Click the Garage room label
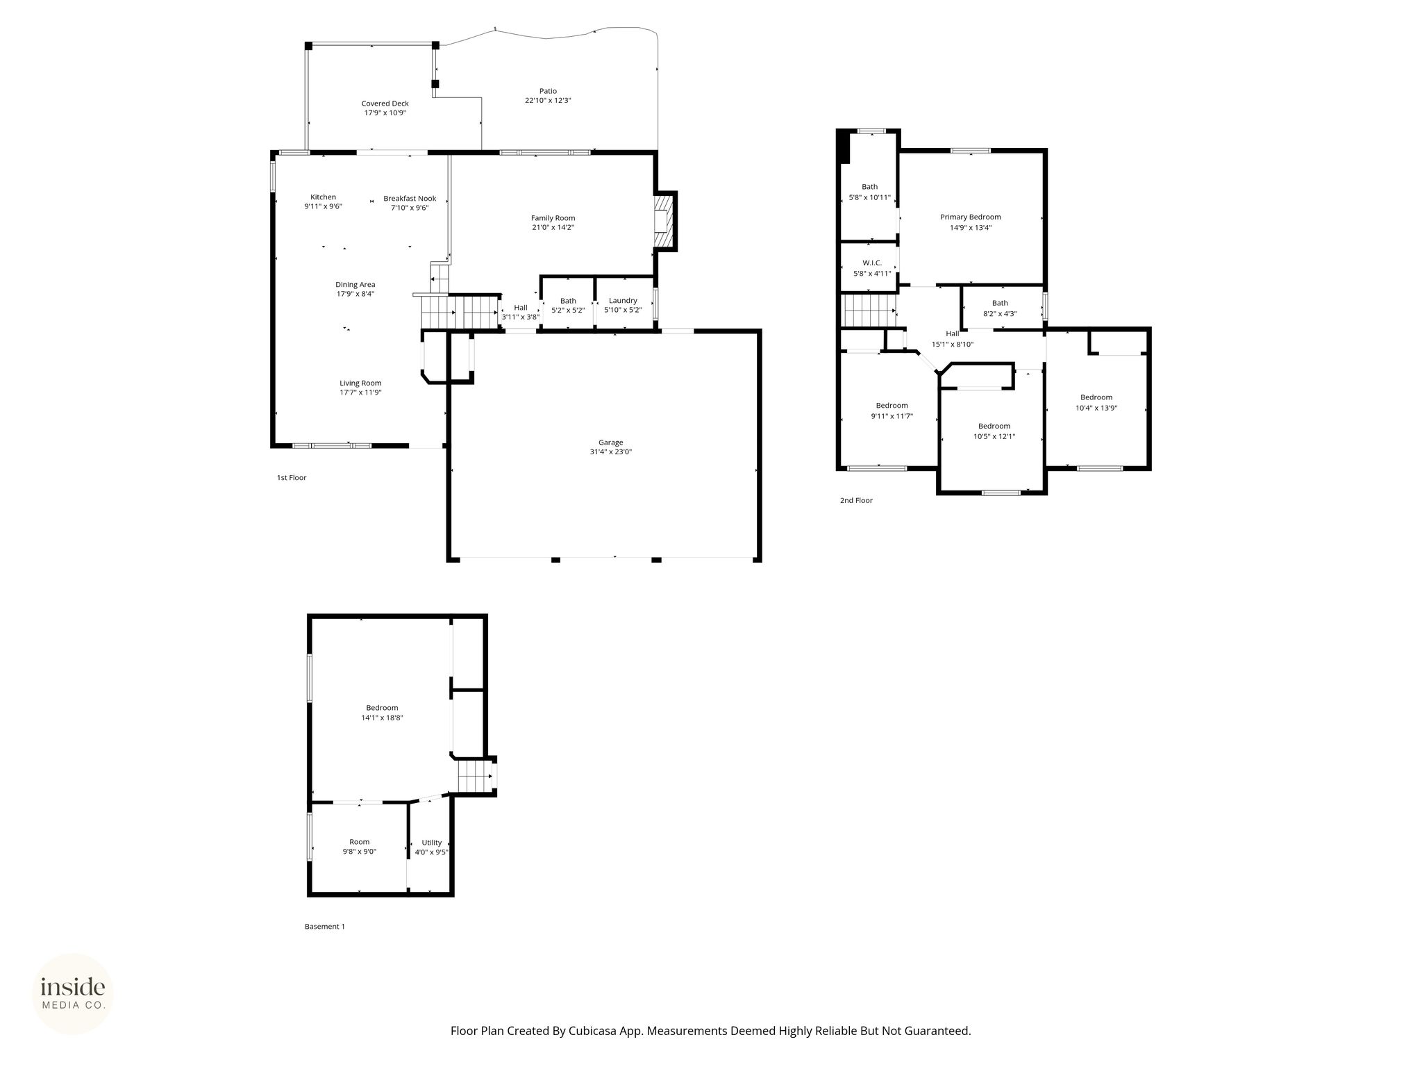[x=611, y=442]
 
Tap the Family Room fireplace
[x=664, y=221]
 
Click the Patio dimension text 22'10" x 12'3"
[x=548, y=101]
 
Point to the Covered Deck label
[x=385, y=104]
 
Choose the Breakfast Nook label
[x=410, y=199]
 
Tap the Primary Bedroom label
[x=971, y=217]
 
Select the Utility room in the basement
[x=430, y=847]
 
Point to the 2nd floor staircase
[x=868, y=310]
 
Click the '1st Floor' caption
[x=292, y=478]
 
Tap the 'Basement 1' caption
[x=325, y=927]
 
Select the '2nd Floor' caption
[x=856, y=500]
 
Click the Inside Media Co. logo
[x=73, y=994]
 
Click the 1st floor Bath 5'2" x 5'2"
[x=568, y=304]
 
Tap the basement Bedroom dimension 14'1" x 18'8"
[x=382, y=718]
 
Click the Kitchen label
[x=323, y=197]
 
